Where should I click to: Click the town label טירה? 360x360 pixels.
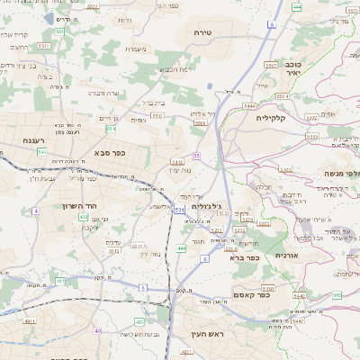202,31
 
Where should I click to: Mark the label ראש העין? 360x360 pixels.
205,335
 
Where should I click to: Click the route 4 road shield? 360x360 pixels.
35,210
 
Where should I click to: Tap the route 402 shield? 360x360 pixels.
84,217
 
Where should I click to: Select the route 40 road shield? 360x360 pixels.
97,330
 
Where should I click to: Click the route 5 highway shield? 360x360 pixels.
142,287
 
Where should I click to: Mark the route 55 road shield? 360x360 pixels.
196,157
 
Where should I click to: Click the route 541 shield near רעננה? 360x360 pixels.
42,152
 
